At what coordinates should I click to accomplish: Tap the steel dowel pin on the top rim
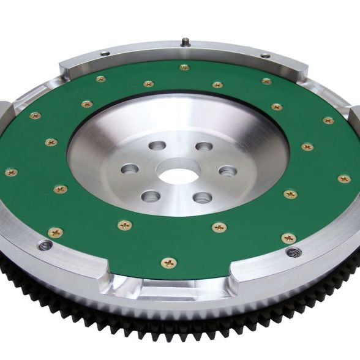click(x=184, y=42)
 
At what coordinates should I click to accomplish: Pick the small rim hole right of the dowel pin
click(x=264, y=56)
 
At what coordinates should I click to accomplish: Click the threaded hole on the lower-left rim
click(x=46, y=246)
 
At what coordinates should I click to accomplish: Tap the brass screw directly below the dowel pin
click(x=184, y=67)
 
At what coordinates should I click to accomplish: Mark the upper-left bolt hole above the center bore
click(x=157, y=146)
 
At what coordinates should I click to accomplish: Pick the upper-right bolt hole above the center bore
click(x=204, y=147)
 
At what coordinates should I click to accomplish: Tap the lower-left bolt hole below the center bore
click(x=151, y=196)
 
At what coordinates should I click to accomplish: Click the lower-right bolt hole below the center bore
click(x=202, y=198)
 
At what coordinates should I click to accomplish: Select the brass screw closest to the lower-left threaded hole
click(x=55, y=232)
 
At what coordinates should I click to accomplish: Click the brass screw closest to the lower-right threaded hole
click(x=289, y=238)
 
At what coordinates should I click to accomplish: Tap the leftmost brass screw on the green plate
click(x=11, y=172)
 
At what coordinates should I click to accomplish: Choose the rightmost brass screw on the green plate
click(x=345, y=179)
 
